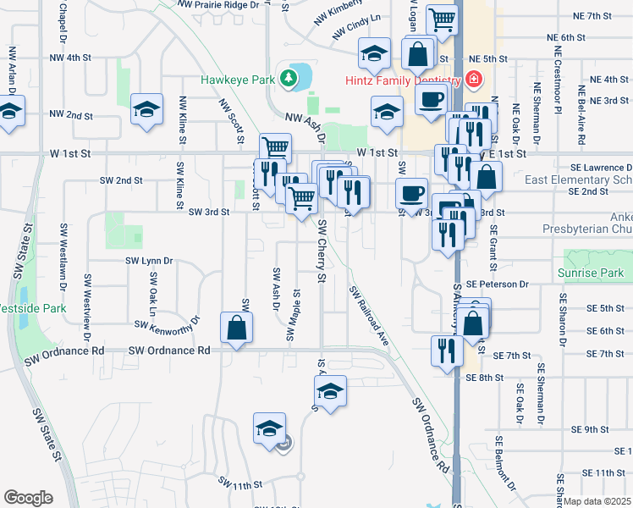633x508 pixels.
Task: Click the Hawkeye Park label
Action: point(238,80)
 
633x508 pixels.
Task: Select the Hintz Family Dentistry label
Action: point(402,80)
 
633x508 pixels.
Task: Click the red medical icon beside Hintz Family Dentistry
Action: point(473,80)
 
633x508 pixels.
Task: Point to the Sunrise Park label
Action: point(590,273)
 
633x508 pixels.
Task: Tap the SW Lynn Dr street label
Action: point(148,261)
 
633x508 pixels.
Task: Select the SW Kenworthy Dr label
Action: point(166,323)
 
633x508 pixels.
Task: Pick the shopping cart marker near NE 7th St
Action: point(441,19)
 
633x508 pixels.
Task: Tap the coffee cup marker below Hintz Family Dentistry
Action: point(431,98)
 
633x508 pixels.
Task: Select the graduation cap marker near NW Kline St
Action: point(146,109)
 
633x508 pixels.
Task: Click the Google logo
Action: point(28,498)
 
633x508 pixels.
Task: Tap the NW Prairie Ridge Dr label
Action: point(213,5)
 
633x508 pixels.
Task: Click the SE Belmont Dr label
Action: point(504,462)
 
